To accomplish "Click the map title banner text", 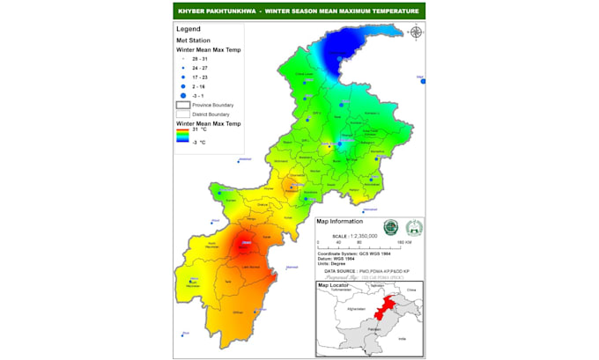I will [x=299, y=11].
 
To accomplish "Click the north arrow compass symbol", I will [x=416, y=33].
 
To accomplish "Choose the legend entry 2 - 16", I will [x=198, y=87].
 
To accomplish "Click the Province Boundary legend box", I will [x=182, y=105].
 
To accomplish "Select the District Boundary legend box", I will [x=182, y=114].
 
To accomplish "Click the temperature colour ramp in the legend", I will [x=182, y=135].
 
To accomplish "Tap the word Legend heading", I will [x=189, y=29].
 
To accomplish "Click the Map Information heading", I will [x=340, y=221].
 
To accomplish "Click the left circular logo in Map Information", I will [x=391, y=227].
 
